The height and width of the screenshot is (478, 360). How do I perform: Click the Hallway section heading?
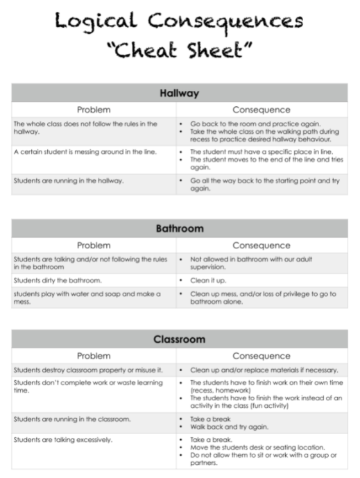179,93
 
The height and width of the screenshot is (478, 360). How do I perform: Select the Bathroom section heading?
179,228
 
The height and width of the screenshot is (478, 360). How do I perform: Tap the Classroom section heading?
179,339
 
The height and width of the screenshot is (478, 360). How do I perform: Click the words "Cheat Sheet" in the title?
179,51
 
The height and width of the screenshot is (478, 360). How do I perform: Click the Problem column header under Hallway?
94,109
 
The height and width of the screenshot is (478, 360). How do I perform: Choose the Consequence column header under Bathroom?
261,245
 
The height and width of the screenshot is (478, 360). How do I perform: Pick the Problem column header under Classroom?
94,355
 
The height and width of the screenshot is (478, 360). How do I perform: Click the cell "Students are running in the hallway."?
69,180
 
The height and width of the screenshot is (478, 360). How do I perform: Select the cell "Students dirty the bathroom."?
57,280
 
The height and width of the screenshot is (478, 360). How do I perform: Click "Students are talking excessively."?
64,440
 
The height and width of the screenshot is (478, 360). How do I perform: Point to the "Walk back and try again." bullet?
225,427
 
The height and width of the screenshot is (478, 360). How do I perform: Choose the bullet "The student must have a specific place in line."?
261,151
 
